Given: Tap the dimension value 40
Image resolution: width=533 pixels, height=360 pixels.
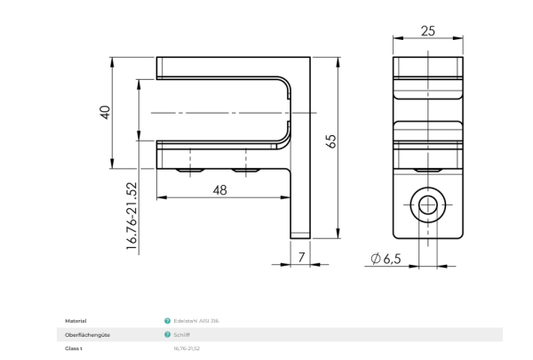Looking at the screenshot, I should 105,113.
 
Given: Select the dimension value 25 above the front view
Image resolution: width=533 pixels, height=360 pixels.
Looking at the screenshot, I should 427,31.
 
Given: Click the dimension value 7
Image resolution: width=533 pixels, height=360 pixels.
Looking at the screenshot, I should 301,257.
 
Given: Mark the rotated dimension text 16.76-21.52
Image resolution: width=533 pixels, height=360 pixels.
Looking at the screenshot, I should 131,216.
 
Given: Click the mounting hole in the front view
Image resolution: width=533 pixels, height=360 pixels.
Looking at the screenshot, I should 427,205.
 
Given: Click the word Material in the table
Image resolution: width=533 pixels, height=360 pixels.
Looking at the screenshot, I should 76,320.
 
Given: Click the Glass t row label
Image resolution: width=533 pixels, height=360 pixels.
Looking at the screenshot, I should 74,348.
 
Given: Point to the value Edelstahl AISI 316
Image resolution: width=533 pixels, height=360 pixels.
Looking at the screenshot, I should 197,320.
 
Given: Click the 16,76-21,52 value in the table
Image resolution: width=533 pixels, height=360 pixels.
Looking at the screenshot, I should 187,348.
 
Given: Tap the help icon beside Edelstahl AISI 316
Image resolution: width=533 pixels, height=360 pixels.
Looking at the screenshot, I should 167,320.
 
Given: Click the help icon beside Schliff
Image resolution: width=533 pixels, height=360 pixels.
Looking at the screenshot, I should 167,334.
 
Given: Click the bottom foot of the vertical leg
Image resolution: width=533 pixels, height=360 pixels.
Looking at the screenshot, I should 300,235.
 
